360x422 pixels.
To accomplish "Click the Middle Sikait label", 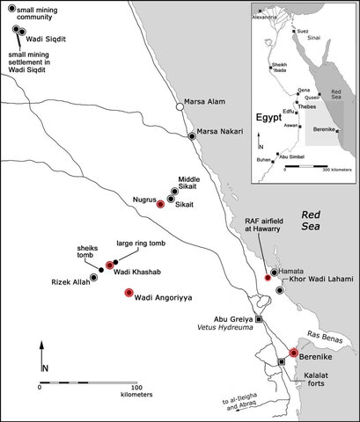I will [195, 182].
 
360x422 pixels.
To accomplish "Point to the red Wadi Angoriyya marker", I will [129, 292].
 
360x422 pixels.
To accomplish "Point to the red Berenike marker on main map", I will [294, 353].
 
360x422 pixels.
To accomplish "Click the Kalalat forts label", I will [320, 380].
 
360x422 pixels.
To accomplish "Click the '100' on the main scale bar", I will [136, 386].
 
